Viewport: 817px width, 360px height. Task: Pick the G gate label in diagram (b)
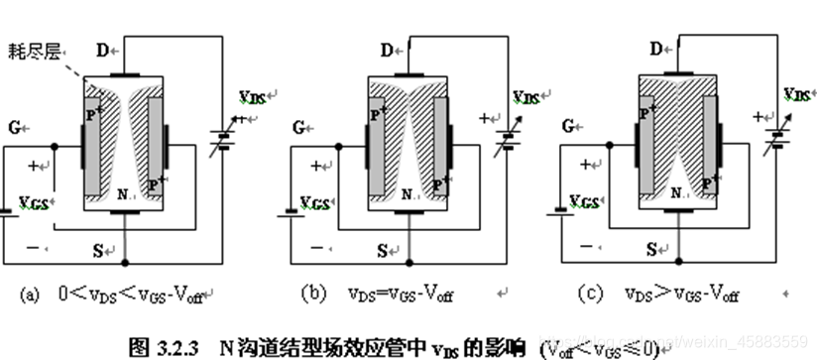pyautogui.click(x=298, y=126)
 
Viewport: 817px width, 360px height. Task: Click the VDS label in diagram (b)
pyautogui.click(x=525, y=95)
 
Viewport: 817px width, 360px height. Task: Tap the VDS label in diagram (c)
pyautogui.click(x=795, y=94)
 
